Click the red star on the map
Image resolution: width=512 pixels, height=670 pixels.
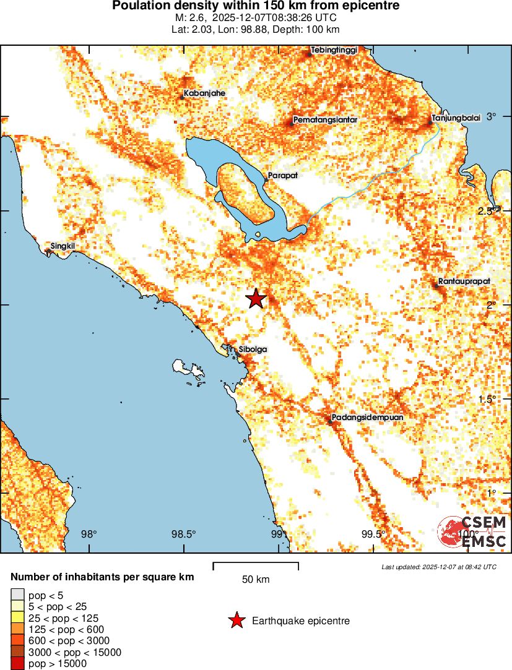(x=256, y=298)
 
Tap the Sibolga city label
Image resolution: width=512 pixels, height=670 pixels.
(x=253, y=350)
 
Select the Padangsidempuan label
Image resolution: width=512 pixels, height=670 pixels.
(x=367, y=418)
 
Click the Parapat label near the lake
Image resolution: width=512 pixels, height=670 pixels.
(x=283, y=176)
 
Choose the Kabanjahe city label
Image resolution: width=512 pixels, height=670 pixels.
(x=204, y=93)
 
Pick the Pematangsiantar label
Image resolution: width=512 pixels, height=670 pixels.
(x=326, y=119)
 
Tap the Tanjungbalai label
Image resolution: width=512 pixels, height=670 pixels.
(x=456, y=118)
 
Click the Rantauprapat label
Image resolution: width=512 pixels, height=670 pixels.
(x=464, y=281)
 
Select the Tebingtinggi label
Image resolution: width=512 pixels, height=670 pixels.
(x=334, y=50)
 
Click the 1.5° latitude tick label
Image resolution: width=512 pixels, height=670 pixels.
(x=486, y=399)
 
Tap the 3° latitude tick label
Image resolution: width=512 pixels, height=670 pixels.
(x=492, y=117)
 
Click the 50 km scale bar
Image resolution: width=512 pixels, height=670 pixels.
(x=256, y=565)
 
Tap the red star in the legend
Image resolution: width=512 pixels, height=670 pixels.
(x=236, y=621)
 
